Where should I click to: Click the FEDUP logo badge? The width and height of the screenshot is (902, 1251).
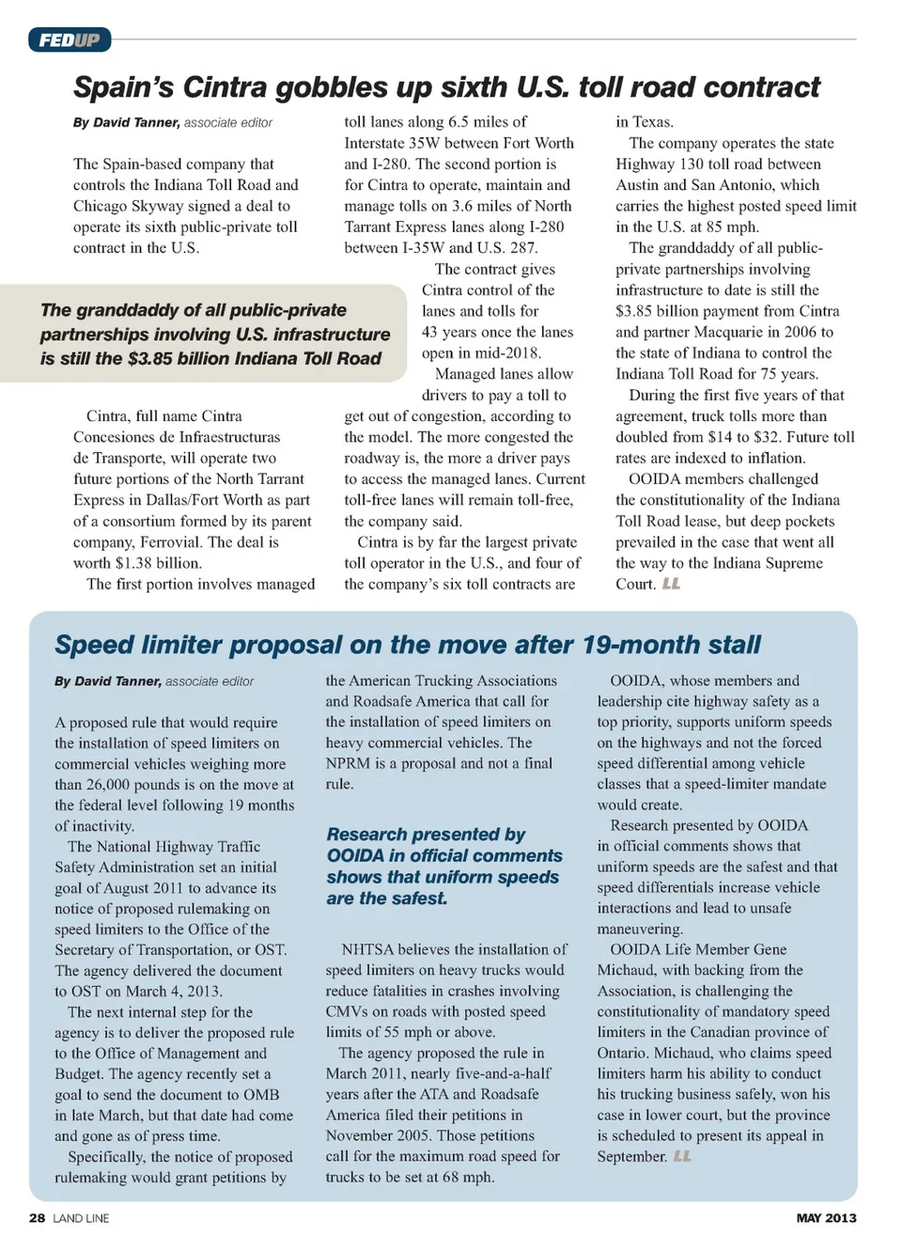70,39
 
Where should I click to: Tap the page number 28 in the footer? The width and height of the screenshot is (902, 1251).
37,1217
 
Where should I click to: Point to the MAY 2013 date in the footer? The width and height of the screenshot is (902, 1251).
826,1217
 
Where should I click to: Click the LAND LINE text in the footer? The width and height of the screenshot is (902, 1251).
81,1218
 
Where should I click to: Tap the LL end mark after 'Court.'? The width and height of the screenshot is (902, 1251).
671,584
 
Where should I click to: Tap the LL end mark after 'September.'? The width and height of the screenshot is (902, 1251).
682,1156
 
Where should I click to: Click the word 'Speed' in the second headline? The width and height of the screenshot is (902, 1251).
94,645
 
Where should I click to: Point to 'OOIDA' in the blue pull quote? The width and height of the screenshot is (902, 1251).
356,855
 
